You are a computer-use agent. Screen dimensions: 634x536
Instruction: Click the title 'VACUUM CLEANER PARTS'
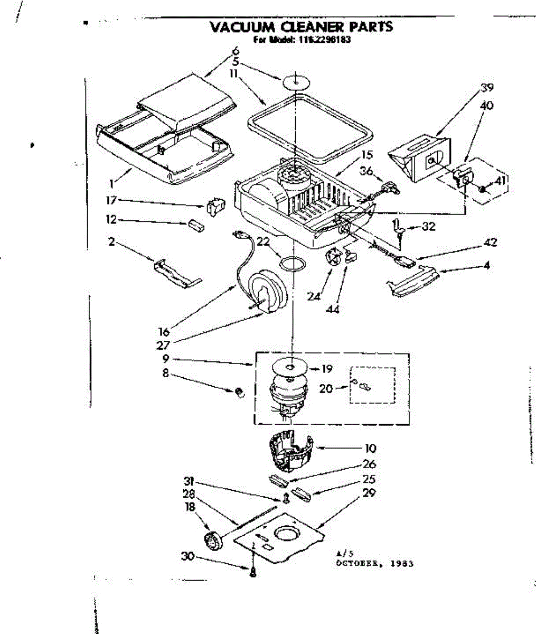click(302, 27)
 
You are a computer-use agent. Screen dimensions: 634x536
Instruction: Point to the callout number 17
click(111, 200)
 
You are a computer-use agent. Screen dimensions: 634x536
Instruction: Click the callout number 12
click(111, 220)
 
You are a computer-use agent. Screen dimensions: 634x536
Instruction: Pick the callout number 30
click(187, 556)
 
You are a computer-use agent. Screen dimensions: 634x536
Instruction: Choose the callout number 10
click(370, 449)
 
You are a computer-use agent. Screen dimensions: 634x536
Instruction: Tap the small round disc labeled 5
click(295, 82)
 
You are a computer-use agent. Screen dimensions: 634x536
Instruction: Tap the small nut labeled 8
click(239, 392)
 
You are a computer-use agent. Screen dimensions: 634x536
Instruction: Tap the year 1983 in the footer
click(402, 563)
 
